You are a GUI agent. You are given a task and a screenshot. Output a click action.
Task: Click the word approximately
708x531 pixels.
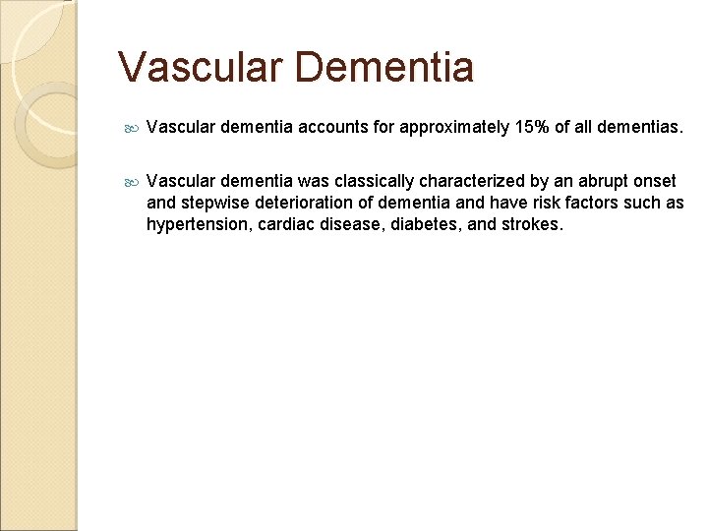449,127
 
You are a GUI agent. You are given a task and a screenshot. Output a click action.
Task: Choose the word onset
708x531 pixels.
654,182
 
